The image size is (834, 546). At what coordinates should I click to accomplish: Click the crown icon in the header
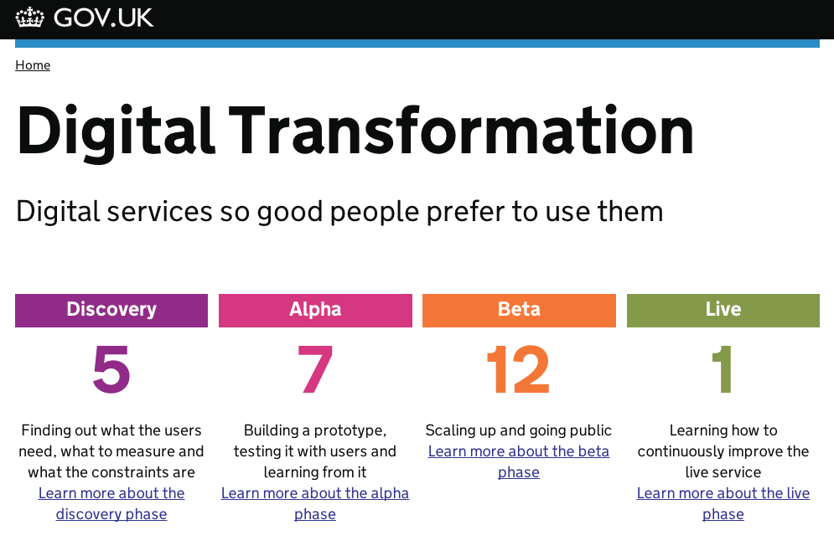[30, 18]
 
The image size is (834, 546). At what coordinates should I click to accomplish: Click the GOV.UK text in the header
[103, 18]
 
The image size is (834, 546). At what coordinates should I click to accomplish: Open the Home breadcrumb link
[33, 64]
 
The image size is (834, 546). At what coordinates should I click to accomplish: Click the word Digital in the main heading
[116, 131]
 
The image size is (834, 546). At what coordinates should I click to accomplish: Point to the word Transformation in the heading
[462, 131]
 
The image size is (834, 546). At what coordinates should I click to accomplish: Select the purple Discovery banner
[111, 311]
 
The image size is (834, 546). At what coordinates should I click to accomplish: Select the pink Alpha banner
[315, 311]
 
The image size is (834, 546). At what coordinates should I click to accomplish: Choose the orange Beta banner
[519, 311]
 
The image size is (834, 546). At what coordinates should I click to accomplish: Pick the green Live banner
[723, 311]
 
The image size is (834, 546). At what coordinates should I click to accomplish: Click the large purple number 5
[111, 369]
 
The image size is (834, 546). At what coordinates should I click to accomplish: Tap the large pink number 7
[315, 369]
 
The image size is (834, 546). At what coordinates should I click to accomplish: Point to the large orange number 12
[519, 369]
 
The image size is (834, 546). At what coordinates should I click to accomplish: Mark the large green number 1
[723, 369]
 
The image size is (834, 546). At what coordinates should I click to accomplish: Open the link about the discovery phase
[111, 503]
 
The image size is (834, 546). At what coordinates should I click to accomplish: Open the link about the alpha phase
[315, 503]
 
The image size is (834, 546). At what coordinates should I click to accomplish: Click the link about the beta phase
[519, 461]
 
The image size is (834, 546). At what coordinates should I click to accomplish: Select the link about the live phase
[723, 503]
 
